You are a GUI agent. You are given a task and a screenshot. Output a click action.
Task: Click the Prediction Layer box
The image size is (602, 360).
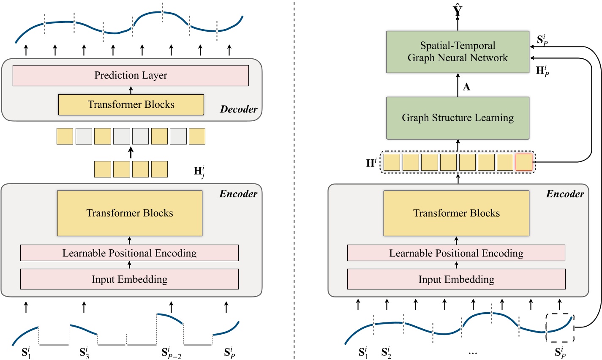coord(131,76)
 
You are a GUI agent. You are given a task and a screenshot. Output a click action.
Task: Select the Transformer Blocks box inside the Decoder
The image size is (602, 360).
coord(131,105)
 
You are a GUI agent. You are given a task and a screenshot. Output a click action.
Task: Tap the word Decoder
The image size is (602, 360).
coord(239,109)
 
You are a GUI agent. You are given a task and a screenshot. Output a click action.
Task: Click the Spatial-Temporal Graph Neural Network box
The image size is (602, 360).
coord(458,52)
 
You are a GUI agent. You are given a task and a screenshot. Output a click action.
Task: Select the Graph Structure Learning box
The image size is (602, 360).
coord(458,118)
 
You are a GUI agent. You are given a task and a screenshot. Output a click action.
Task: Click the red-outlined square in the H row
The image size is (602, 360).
coord(524,163)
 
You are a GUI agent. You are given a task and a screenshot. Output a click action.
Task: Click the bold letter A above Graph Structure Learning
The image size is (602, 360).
coord(466,87)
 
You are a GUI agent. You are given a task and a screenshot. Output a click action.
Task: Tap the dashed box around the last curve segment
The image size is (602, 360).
coord(560,327)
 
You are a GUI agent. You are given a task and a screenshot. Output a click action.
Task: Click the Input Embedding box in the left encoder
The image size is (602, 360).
coord(129,279)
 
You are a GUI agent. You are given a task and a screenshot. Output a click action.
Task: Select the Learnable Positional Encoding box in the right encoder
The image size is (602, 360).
coord(456,253)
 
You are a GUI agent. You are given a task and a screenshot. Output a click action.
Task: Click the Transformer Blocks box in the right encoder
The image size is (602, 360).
coord(456,213)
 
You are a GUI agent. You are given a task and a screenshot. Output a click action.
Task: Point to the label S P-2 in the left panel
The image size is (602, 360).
coord(172,352)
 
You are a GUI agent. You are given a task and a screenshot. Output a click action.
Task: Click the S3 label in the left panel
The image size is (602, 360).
coord(84,352)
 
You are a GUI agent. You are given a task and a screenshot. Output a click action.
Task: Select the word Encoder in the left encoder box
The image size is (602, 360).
coord(238,194)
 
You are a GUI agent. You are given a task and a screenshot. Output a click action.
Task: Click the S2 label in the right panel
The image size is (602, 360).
coord(386,352)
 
